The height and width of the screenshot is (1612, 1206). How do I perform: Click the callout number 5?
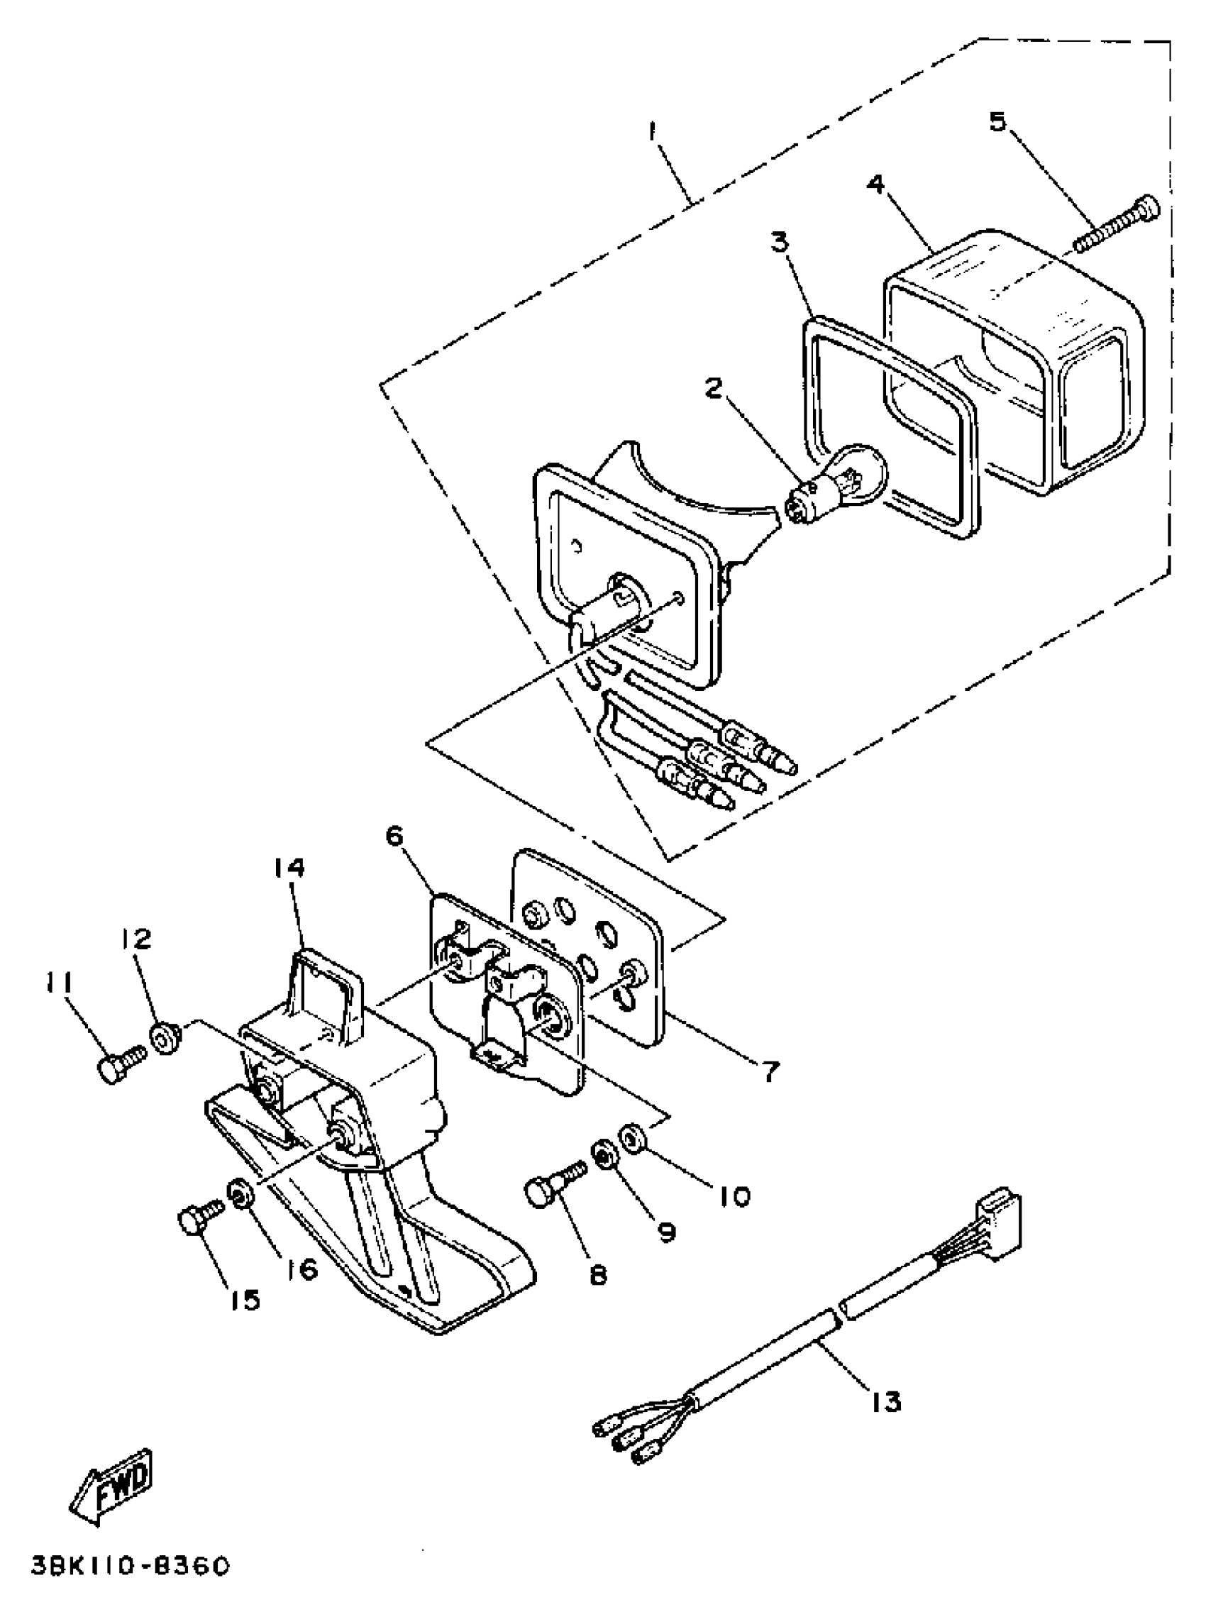click(x=997, y=121)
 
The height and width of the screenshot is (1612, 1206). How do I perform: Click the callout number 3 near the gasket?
click(x=780, y=241)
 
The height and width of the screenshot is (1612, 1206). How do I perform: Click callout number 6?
click(x=394, y=836)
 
